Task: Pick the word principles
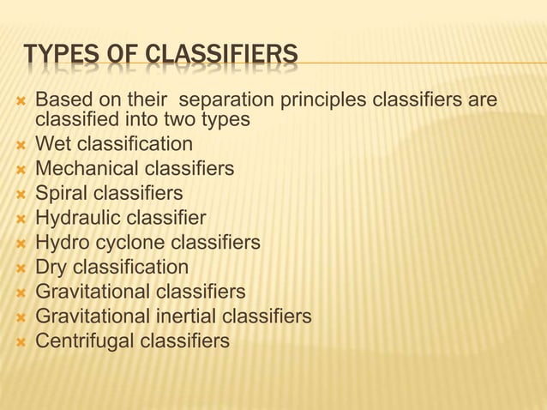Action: pyautogui.click(x=310, y=102)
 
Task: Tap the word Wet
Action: pyautogui.click(x=53, y=143)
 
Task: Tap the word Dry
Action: pyautogui.click(x=51, y=268)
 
